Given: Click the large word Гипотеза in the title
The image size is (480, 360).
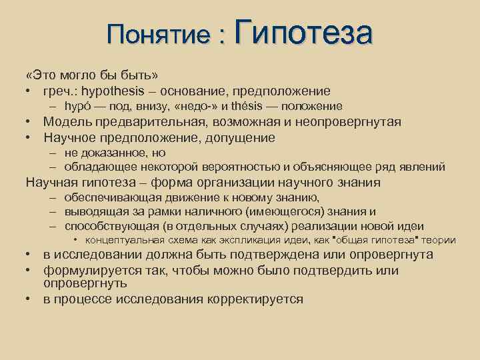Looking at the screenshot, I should coord(303,33).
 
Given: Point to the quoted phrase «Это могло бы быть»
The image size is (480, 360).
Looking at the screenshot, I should coord(92,74).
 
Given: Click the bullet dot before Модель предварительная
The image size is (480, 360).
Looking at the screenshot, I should coord(30,121).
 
